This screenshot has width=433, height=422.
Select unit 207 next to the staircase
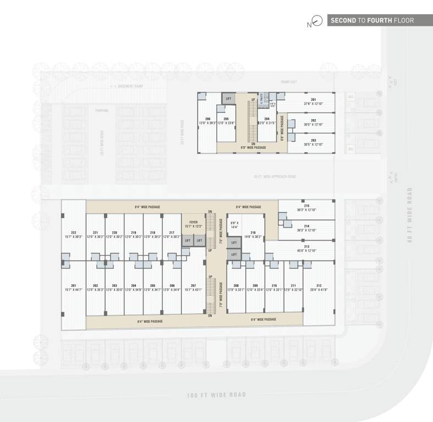(193, 286)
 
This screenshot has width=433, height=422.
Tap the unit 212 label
(319, 286)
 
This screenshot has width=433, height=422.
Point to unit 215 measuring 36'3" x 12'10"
(306, 206)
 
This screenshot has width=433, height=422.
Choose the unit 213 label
(306, 247)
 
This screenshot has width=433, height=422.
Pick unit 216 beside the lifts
(253, 233)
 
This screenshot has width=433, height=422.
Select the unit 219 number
(134, 233)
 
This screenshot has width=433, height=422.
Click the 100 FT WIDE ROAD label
(216, 395)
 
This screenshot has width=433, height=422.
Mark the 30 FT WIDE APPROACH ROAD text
(275, 176)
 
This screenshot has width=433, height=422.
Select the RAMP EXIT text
(289, 82)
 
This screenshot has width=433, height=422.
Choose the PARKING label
(101, 110)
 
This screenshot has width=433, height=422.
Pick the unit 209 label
(255, 286)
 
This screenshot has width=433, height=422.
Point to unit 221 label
(95, 233)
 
